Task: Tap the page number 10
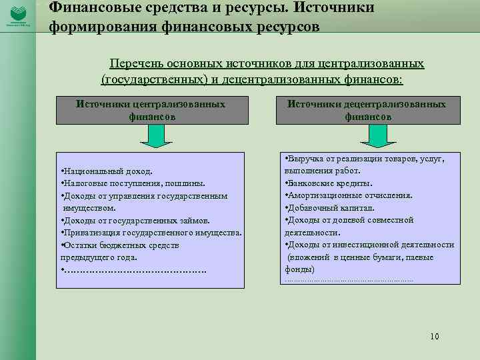(x=435, y=336)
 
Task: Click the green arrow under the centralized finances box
(x=155, y=135)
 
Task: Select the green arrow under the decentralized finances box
(x=371, y=135)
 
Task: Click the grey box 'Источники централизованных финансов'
(x=151, y=110)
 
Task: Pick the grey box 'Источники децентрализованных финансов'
(x=367, y=110)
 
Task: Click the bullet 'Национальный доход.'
(x=107, y=171)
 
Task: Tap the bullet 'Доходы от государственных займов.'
(x=135, y=220)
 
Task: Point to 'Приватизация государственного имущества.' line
(x=151, y=233)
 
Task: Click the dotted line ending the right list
(x=348, y=280)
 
